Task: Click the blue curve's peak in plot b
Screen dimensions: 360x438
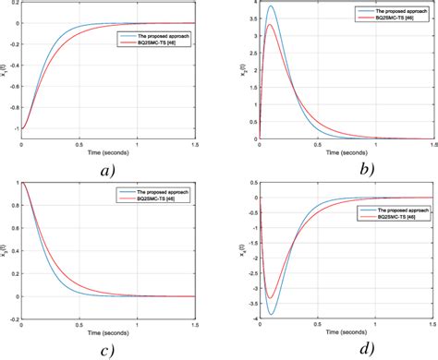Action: click(x=269, y=6)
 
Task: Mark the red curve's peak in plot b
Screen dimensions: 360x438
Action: click(x=269, y=25)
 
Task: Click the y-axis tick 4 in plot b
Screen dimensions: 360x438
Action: click(x=252, y=4)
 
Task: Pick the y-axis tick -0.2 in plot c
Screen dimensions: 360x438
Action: click(x=11, y=318)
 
